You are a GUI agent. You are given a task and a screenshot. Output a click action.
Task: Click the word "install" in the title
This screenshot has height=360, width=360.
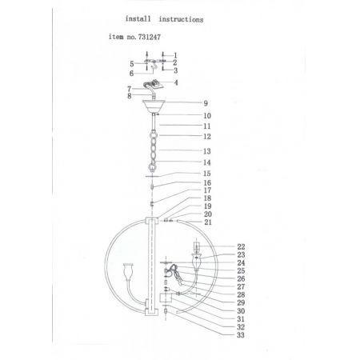point(138,18)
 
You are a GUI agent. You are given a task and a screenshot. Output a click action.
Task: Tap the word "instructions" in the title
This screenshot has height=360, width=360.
point(182,19)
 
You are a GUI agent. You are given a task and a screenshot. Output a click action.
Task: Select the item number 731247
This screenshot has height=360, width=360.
point(150,37)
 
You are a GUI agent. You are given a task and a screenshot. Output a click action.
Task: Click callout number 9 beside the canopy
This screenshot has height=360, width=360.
point(206,103)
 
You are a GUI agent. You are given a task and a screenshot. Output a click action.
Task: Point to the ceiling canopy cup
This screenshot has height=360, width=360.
point(154,106)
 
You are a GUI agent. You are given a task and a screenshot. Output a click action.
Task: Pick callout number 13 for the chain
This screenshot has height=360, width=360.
point(207,151)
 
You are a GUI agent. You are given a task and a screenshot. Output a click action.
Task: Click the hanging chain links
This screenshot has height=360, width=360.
point(154,149)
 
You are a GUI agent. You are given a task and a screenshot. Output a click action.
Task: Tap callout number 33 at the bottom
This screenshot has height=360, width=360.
point(241,335)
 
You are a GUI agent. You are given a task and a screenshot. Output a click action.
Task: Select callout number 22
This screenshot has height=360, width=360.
point(241,246)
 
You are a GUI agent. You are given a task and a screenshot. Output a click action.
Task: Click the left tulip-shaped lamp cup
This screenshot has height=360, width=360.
point(128,272)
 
